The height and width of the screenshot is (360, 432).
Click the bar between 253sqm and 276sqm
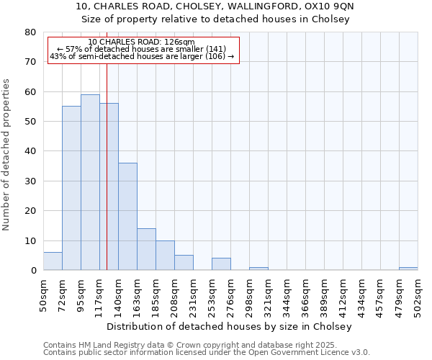(221, 264)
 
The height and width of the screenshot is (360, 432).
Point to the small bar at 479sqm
(408, 269)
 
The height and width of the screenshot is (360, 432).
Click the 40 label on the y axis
(30, 151)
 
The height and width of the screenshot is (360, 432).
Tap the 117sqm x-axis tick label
(99, 294)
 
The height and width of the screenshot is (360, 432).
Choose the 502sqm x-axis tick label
(418, 294)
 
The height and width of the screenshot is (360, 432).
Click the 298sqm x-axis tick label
(249, 294)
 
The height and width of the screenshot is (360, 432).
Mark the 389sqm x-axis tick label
(324, 294)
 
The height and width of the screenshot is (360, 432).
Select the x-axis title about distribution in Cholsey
(233, 326)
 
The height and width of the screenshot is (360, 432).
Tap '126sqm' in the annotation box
(178, 42)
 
